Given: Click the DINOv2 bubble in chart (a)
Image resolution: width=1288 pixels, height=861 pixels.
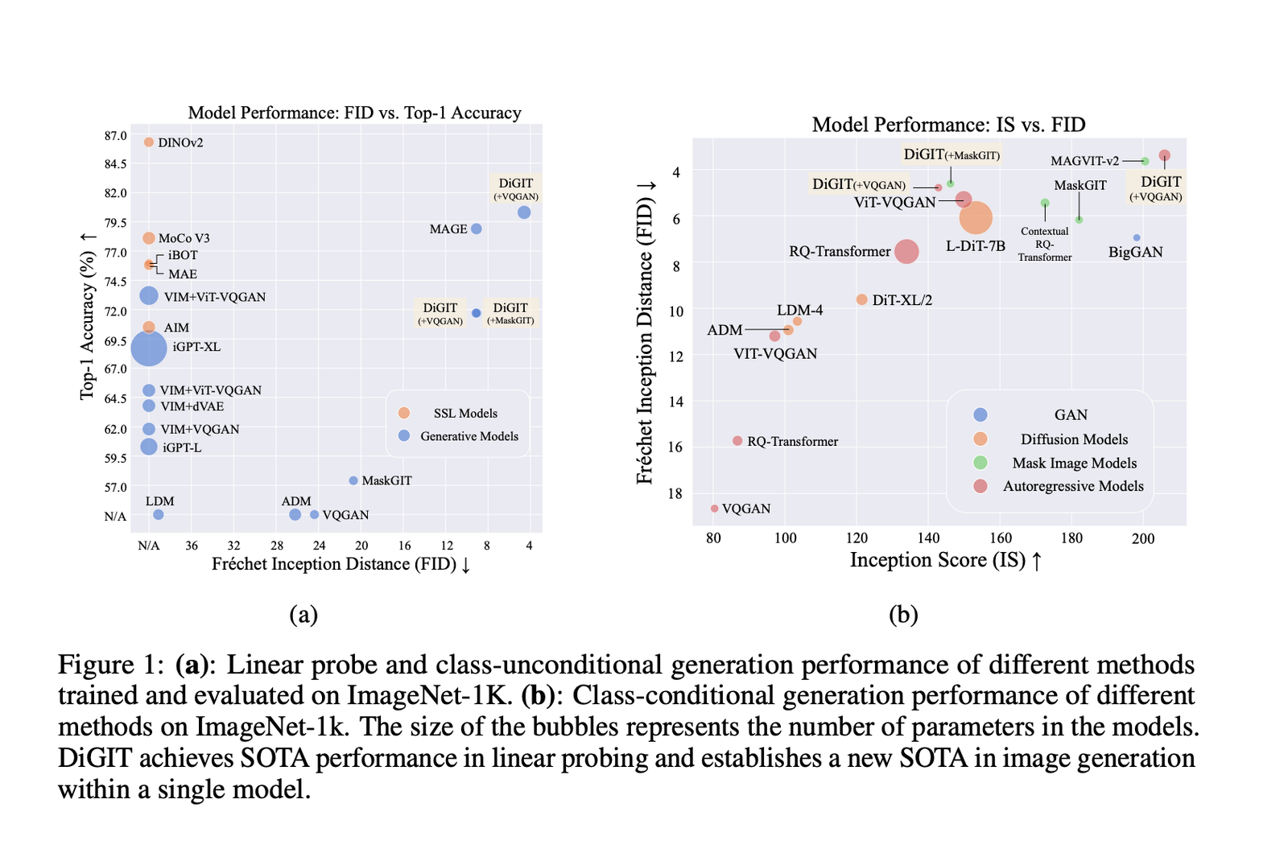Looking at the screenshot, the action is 148,142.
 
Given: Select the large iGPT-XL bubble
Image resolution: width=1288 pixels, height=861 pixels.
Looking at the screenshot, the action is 149,348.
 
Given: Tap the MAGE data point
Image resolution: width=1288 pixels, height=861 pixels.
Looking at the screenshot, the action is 476,229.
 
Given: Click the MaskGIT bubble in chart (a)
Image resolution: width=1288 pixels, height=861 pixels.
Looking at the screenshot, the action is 353,480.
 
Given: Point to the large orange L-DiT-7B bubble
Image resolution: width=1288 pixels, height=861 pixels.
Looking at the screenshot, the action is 976,218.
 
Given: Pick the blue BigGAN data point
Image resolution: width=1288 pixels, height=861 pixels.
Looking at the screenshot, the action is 1137,237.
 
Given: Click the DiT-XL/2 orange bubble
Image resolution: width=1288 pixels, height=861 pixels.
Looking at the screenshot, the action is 861,299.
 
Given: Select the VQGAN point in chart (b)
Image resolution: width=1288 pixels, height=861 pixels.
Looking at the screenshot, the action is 714,508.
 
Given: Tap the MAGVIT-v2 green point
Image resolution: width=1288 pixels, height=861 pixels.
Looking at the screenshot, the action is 1145,162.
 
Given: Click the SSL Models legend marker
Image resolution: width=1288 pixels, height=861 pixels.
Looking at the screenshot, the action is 404,413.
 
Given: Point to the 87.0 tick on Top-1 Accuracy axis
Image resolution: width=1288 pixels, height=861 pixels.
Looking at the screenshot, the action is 115,136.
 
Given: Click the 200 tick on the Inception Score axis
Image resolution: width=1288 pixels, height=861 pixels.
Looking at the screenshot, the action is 1143,538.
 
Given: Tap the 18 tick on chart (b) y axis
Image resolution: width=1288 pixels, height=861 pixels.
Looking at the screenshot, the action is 675,493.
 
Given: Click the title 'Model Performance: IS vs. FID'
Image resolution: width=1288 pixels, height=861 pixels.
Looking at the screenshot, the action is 949,124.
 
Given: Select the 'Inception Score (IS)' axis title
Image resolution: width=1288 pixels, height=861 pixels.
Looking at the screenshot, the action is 939,560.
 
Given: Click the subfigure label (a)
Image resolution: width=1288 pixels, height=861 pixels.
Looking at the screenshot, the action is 303,615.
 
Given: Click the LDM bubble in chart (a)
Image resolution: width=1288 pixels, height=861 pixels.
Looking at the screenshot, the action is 159,514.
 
